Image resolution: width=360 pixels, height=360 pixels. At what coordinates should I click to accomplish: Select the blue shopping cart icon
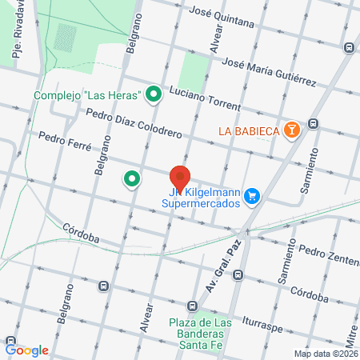252,195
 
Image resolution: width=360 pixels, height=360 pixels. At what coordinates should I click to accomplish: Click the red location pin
179,178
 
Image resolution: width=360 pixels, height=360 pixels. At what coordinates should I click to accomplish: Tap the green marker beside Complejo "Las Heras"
153,95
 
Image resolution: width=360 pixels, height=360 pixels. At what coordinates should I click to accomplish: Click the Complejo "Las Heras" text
87,96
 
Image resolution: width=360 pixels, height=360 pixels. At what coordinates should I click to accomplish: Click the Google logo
27,350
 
